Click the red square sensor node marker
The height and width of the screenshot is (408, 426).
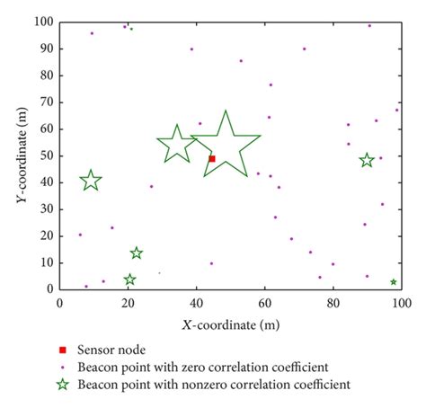(x=212, y=158)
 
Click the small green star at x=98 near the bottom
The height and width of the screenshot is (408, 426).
(x=394, y=282)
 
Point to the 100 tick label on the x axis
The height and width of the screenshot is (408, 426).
(x=401, y=303)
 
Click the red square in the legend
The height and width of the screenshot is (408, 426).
(x=63, y=350)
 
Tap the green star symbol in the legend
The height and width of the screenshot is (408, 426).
(x=63, y=385)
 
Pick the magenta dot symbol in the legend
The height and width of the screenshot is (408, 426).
(x=63, y=367)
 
